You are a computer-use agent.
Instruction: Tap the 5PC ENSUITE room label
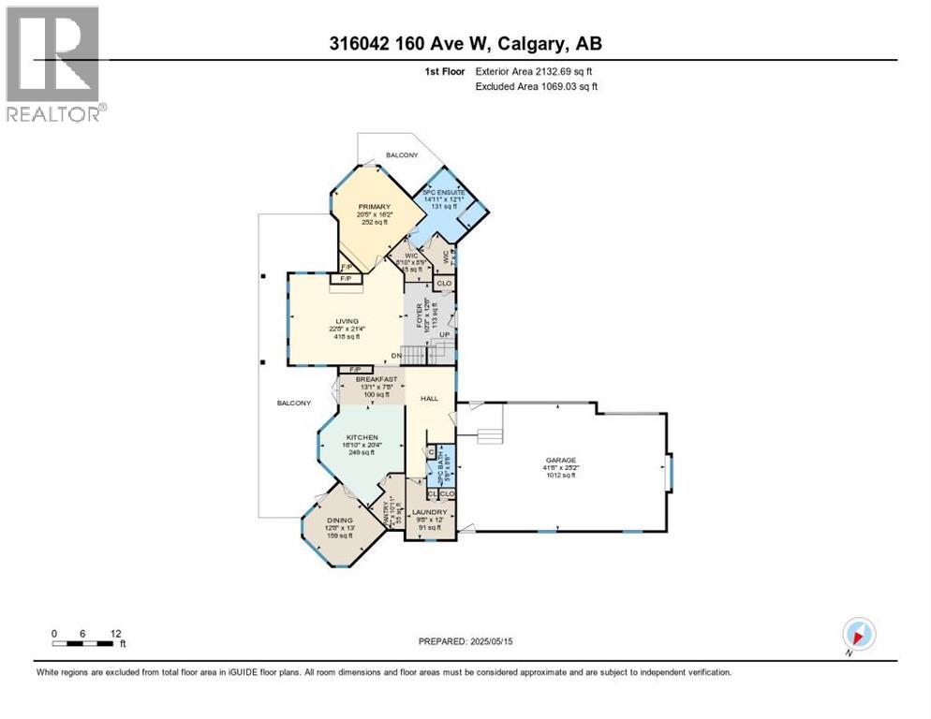click(443, 192)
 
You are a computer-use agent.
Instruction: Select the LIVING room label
click(348, 320)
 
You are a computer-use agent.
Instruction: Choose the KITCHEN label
click(362, 437)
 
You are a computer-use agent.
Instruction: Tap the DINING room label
click(339, 522)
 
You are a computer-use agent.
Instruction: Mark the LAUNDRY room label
click(430, 512)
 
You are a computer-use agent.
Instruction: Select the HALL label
click(429, 398)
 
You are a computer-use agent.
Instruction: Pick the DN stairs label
click(396, 355)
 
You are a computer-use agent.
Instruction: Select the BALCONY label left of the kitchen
click(293, 403)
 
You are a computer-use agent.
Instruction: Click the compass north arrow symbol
click(858, 634)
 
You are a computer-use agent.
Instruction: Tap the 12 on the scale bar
click(115, 633)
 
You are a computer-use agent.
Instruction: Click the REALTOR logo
click(52, 64)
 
